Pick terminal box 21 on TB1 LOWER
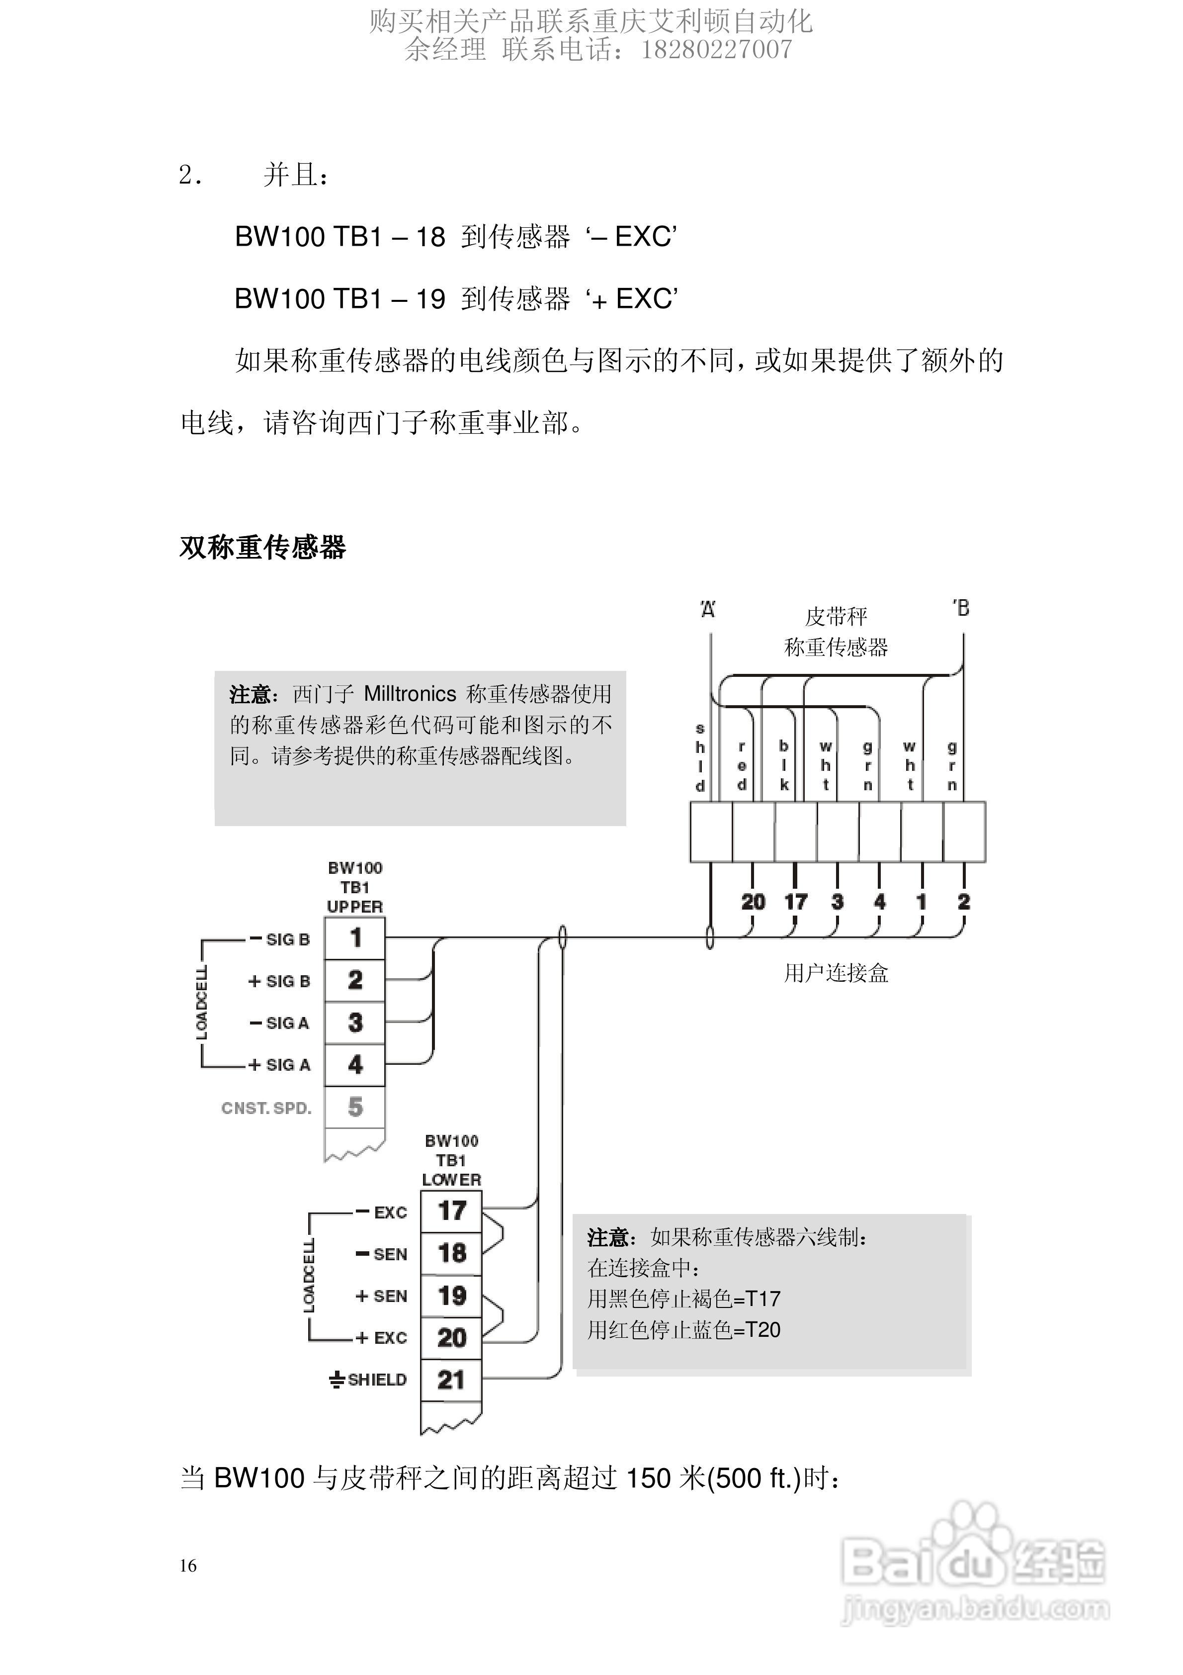click(451, 1380)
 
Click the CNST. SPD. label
click(266, 1108)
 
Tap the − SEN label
click(381, 1254)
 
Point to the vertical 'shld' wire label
click(700, 757)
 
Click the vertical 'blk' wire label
click(784, 765)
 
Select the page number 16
click(188, 1566)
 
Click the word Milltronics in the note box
click(410, 694)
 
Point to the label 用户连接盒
click(836, 973)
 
